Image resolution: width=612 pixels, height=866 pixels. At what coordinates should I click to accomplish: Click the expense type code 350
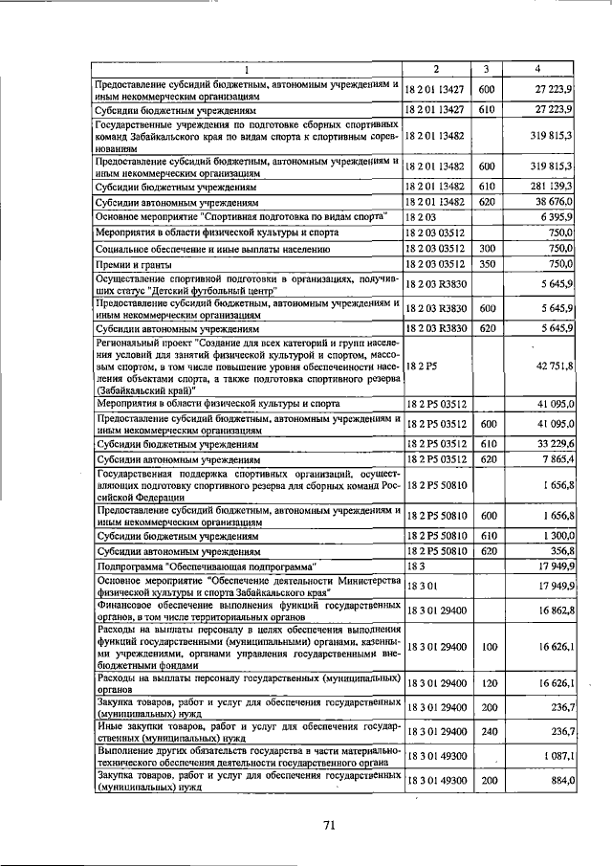(486, 263)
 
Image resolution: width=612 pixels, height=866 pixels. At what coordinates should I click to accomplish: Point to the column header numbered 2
(435, 69)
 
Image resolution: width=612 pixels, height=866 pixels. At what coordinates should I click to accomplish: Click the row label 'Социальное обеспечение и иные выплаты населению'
(212, 249)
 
